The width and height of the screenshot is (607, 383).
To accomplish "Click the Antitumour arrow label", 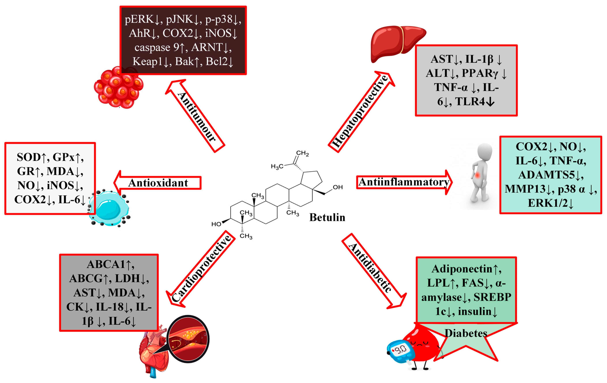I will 196,117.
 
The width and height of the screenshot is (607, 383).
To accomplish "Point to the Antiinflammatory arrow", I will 404,182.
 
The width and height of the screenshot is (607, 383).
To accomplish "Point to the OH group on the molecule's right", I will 338,187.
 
